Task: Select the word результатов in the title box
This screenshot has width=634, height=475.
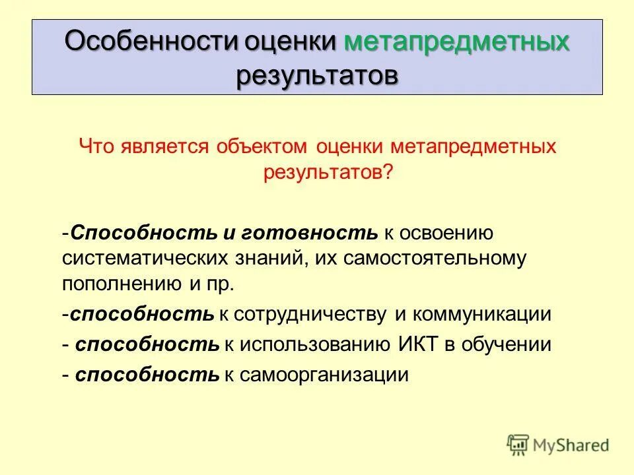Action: (x=317, y=75)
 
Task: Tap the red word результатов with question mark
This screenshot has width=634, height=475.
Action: (x=328, y=172)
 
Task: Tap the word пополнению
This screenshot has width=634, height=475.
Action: (x=116, y=284)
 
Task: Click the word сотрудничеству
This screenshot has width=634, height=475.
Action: (x=308, y=314)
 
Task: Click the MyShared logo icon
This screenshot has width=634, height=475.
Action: (x=518, y=444)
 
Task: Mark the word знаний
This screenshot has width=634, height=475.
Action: (x=266, y=258)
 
